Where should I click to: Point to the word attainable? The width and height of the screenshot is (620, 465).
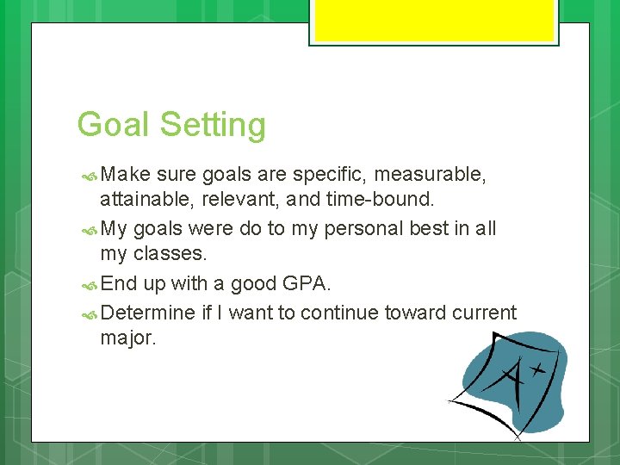(x=143, y=201)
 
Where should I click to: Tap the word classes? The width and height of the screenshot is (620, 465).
(x=177, y=255)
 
